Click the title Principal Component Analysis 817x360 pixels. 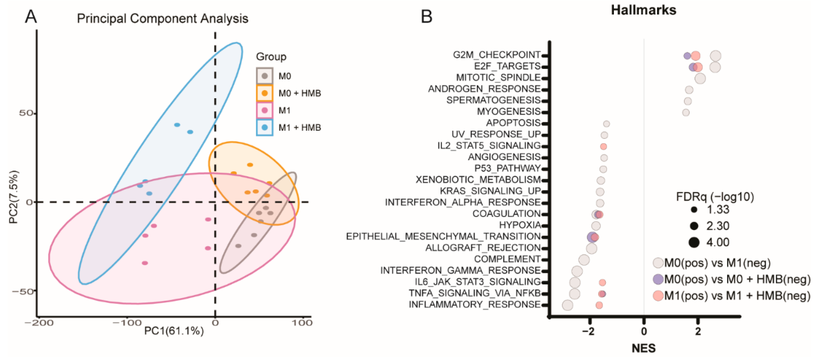[x=162, y=18]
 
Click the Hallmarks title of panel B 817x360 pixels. [x=643, y=10]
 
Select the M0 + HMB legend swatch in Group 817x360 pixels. [x=265, y=93]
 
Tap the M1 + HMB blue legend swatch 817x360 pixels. [x=265, y=127]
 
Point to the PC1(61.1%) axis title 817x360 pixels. [x=174, y=331]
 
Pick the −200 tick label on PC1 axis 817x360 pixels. [x=39, y=323]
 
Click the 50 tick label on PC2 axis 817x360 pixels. [x=26, y=113]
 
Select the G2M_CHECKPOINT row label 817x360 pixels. [x=496, y=55]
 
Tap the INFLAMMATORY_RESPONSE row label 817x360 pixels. [x=474, y=305]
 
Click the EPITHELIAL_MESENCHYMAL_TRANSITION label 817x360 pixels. [x=443, y=236]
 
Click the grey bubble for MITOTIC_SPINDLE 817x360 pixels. [x=700, y=78]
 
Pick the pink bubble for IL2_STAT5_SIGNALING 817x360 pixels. [x=603, y=147]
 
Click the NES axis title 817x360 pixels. [x=643, y=348]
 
